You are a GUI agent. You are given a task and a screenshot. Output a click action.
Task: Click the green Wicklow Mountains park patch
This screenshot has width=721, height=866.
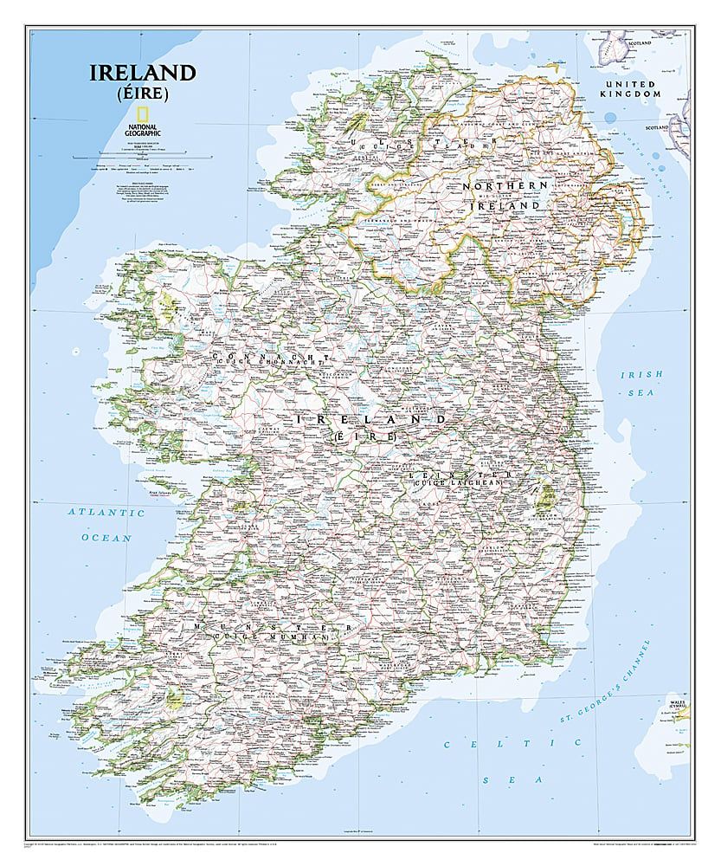(545, 497)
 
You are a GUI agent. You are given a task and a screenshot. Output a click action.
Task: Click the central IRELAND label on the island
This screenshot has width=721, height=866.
(372, 420)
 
